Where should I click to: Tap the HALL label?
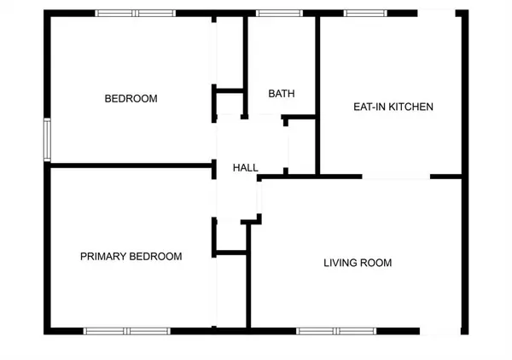coord(246,168)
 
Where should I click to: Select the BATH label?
coord(282,94)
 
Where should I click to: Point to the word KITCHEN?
coord(410,107)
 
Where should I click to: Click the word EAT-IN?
coord(369,107)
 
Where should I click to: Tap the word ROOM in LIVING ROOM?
coord(377,263)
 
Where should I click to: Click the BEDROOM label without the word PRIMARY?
coord(131,99)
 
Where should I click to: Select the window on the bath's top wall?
coord(273,13)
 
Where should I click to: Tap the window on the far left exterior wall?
coord(48,140)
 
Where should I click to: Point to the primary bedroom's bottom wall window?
coord(126,330)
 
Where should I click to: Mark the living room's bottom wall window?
coord(337,330)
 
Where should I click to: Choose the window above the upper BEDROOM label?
coord(135,13)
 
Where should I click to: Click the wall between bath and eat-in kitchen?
coord(318,85)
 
